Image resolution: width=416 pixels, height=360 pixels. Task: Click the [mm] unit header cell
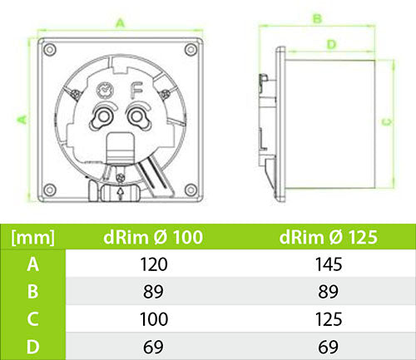[x=33, y=238]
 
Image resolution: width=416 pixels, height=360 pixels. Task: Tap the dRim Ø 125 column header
[x=329, y=238]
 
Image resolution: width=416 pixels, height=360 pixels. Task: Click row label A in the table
[x=33, y=264]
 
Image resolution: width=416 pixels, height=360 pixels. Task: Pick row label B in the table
[x=33, y=291]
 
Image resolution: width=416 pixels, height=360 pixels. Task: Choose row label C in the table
[x=33, y=318]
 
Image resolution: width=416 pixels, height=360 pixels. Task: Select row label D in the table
[x=33, y=345]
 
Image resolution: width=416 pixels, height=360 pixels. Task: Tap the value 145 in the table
[x=329, y=264]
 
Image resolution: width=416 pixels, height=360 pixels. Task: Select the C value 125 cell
[x=329, y=318]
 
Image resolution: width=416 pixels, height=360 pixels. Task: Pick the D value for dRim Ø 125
[x=329, y=345]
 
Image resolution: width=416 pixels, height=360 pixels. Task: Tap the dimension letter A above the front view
[x=121, y=23]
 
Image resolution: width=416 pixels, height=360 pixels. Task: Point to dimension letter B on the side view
[x=317, y=18]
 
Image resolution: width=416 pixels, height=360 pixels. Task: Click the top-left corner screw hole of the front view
[x=51, y=48]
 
